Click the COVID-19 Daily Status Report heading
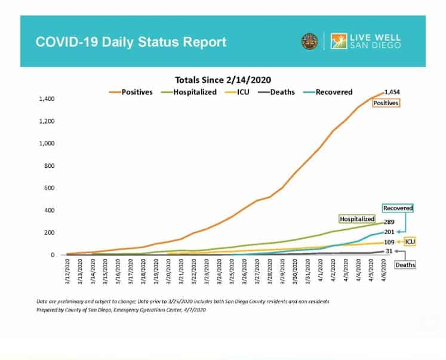(131, 42)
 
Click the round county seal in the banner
(309, 41)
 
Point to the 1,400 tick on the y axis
(46, 99)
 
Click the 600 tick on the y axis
(51, 188)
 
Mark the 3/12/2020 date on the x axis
(69, 276)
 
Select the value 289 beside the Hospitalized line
(389, 221)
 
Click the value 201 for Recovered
(389, 232)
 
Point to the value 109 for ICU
(389, 242)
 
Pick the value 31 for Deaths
(388, 251)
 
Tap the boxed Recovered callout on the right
(398, 208)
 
